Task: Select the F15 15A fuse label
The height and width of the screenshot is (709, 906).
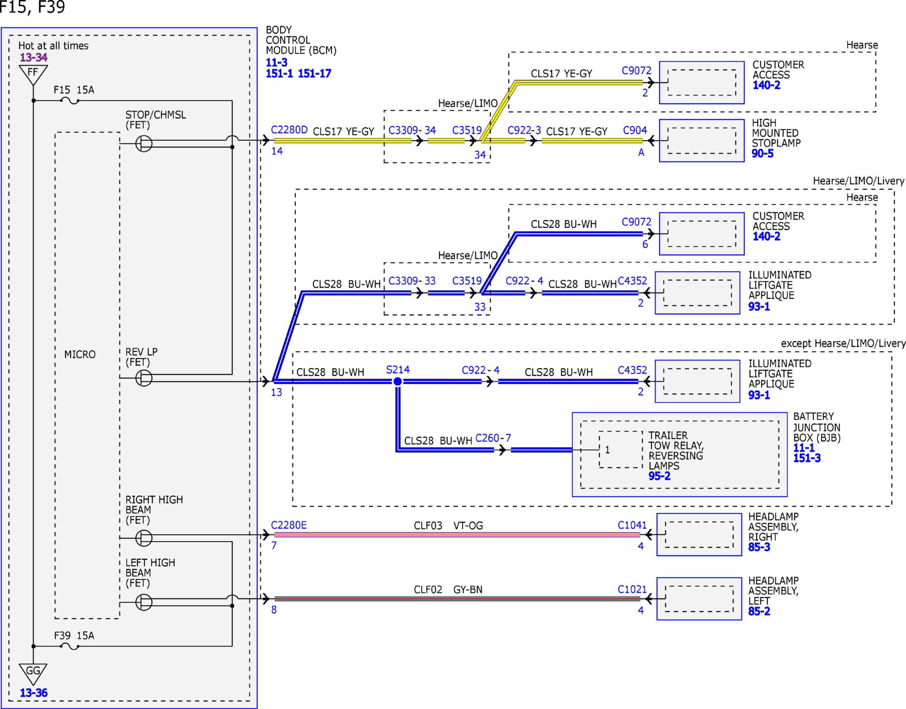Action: coord(74,90)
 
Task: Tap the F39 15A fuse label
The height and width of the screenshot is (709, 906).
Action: coord(74,635)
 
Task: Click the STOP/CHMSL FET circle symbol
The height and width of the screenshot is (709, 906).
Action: coord(144,144)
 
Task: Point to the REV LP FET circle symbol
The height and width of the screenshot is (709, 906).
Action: coord(144,378)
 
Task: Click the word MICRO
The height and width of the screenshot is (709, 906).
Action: coord(80,354)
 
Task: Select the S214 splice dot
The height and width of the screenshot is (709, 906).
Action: coord(398,381)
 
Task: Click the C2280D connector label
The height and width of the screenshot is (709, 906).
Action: coord(289,130)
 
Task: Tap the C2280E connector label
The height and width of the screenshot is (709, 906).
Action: coord(289,525)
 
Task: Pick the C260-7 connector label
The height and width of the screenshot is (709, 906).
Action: coord(493,438)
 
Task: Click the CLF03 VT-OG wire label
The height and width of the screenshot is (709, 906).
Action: coord(448,526)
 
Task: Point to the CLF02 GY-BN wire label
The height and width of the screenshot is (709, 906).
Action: coord(448,589)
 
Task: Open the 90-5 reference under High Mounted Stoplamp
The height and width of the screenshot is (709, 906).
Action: coord(763,154)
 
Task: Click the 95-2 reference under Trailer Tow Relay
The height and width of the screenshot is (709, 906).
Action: coord(659,476)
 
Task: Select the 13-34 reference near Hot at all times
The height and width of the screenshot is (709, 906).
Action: coord(34,57)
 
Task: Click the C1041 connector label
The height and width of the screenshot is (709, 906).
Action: coord(632,525)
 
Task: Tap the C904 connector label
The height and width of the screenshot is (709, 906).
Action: coord(635,130)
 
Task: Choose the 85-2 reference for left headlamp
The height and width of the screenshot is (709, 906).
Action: coord(759,612)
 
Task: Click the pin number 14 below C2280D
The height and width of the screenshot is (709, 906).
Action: coord(277,151)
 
